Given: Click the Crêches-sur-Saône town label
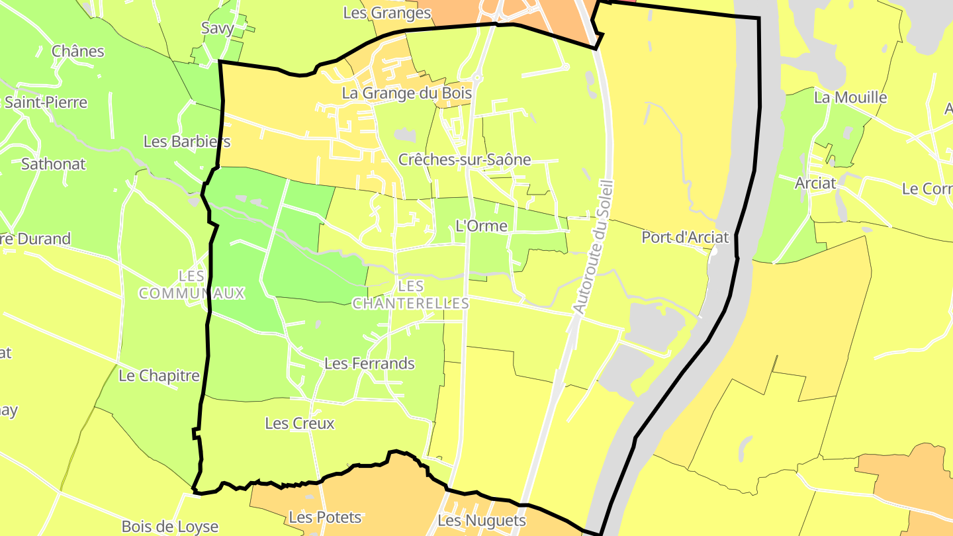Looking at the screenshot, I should click(465, 159).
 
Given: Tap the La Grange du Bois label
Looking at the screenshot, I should click(406, 93).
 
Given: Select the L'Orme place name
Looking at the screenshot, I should click(482, 226).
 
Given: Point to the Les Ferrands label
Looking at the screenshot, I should click(369, 363).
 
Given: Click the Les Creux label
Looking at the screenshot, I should click(300, 424).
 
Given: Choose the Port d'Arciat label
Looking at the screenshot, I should click(685, 237).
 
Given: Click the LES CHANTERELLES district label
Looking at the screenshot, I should click(411, 295).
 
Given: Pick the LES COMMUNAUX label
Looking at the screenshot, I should click(192, 285).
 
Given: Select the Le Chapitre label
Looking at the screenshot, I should click(159, 376).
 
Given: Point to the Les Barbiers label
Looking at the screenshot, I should click(187, 142).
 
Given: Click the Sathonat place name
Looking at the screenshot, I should click(54, 164).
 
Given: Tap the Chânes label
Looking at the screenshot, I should click(78, 51).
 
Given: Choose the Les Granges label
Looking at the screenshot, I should click(387, 13).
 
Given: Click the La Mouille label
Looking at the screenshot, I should click(850, 97).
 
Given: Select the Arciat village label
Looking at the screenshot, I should click(816, 183).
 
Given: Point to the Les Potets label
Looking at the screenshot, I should click(326, 517).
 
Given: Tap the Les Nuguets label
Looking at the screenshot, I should click(482, 521).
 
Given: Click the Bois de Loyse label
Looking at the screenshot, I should click(170, 527).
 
